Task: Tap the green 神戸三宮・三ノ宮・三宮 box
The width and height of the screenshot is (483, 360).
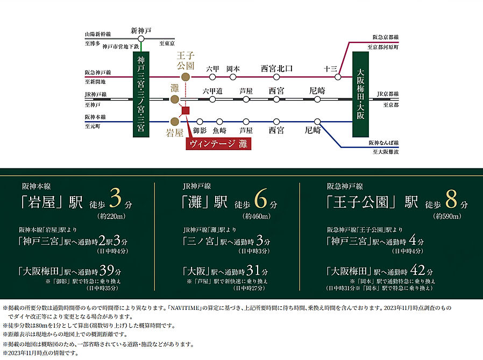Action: pos(140,95)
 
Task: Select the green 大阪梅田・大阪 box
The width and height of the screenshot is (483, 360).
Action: pos(360,95)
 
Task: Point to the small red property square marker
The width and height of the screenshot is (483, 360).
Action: pos(186,111)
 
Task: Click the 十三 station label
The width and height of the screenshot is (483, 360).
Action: pos(330,68)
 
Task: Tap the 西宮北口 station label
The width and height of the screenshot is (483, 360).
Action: pos(276,68)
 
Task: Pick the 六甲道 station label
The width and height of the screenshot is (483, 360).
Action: pos(212,91)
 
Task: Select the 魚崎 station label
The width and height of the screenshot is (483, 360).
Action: pos(219,131)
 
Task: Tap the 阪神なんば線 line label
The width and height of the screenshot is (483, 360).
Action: pos(384,143)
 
